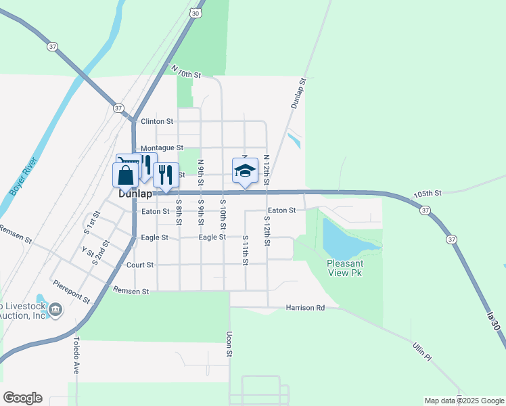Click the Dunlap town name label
135,194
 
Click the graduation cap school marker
245,171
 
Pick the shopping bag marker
126,175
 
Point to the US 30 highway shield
195,13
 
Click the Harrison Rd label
305,307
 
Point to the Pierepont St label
72,290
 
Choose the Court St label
139,265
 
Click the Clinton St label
157,122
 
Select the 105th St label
428,193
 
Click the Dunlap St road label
298,93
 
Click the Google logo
22,398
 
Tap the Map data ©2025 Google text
463,401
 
